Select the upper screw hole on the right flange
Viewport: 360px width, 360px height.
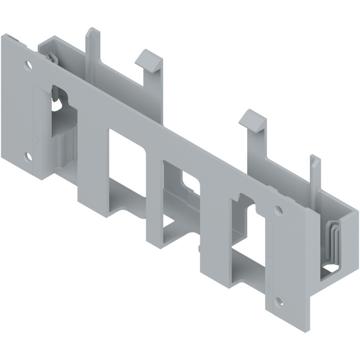click(x=278, y=210)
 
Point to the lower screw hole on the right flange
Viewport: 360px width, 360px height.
click(x=279, y=302)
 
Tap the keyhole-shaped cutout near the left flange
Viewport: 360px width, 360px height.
click(x=59, y=102)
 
